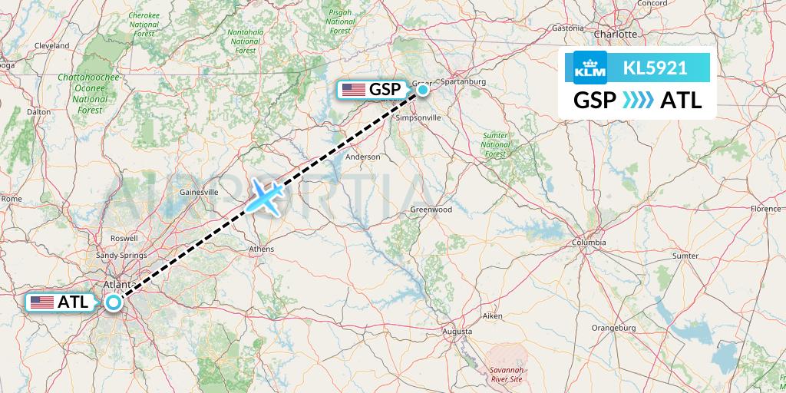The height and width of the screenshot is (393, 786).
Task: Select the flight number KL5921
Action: click(655, 68)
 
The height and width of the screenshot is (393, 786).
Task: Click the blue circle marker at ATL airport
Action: click(114, 302)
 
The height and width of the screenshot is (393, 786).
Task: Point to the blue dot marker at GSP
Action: click(423, 90)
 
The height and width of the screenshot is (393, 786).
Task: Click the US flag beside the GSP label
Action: click(353, 90)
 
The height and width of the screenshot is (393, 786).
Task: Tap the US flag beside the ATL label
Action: click(41, 302)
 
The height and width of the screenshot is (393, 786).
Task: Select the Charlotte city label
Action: click(616, 35)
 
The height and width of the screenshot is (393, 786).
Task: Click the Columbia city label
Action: click(588, 243)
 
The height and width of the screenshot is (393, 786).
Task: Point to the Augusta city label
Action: click(457, 332)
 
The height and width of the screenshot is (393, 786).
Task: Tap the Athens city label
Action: click(262, 249)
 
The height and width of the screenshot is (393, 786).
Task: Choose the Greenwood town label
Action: click(431, 210)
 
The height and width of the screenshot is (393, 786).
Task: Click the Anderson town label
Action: click(363, 157)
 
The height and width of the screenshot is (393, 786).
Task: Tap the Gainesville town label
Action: click(199, 192)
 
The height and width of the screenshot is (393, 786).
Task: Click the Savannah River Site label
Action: click(507, 375)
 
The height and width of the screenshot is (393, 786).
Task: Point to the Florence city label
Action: click(765, 209)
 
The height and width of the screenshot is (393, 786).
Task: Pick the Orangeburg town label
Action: click(615, 328)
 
